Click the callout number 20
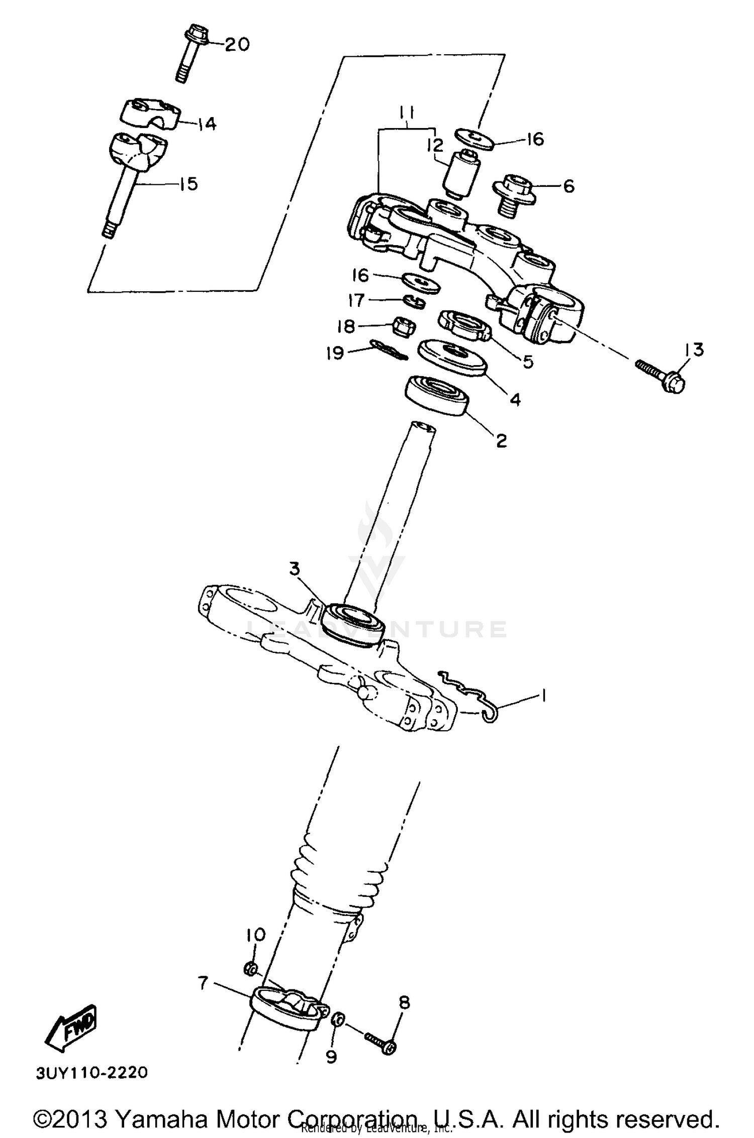click(236, 45)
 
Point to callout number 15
click(188, 184)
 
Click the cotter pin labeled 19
click(388, 350)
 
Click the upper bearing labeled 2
click(437, 396)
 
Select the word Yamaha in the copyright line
click(164, 1118)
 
